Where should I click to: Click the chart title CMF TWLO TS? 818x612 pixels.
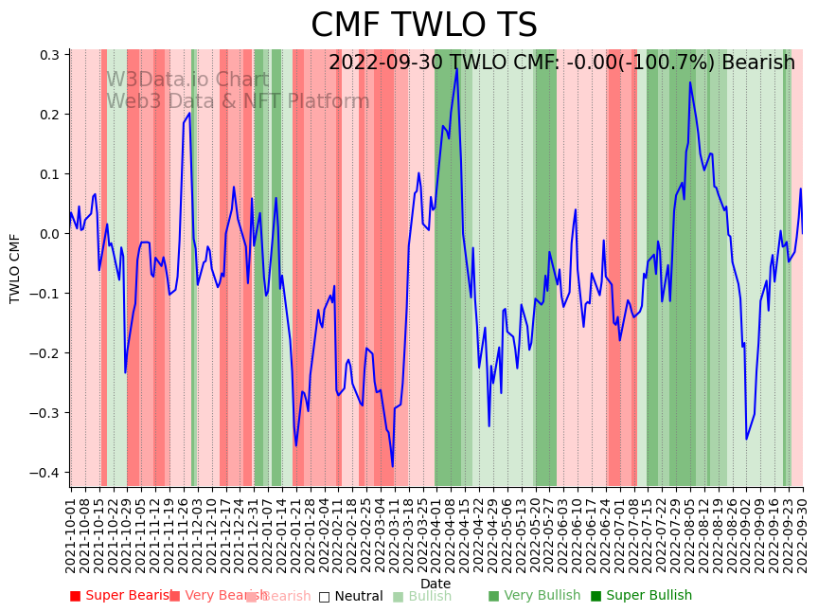click(424, 26)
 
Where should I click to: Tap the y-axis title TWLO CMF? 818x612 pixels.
click(15, 268)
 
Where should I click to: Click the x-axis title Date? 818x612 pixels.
click(436, 584)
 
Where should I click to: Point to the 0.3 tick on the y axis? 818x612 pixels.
click(48, 55)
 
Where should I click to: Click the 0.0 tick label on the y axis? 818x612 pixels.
click(48, 234)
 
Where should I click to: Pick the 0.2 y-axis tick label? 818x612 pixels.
click(48, 115)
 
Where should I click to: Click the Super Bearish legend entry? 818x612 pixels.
click(116, 596)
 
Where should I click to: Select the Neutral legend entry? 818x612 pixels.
click(350, 596)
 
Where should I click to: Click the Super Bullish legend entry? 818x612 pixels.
click(641, 596)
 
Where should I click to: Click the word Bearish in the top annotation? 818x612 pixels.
click(757, 63)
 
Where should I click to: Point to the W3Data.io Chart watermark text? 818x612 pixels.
click(187, 80)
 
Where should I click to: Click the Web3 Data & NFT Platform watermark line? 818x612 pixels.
click(238, 101)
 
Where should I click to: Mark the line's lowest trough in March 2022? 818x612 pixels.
click(393, 466)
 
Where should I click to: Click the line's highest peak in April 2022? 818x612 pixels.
click(456, 69)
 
